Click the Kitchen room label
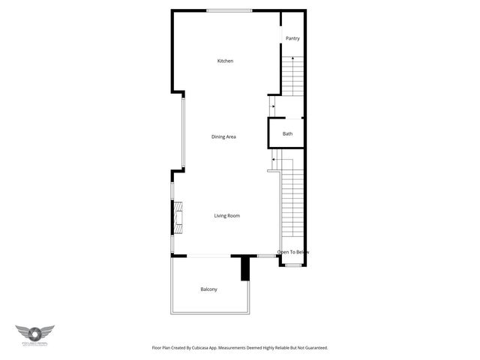click(225, 61)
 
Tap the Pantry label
click(292, 37)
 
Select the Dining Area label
click(224, 136)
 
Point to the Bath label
click(287, 134)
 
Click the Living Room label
click(226, 216)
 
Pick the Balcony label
click(208, 289)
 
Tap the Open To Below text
click(293, 252)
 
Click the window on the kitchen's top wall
click(229, 10)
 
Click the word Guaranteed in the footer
click(314, 348)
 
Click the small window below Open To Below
click(292, 265)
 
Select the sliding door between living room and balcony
click(201, 256)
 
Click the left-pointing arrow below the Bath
click(275, 159)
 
